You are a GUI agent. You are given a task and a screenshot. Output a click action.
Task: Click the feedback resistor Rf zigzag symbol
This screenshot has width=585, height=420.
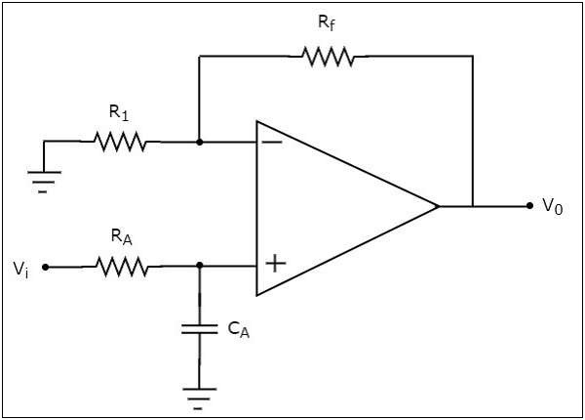tap(328, 57)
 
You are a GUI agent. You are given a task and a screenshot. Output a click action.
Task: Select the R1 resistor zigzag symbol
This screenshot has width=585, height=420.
tap(120, 143)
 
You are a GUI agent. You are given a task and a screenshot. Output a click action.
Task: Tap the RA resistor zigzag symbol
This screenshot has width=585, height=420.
tap(120, 266)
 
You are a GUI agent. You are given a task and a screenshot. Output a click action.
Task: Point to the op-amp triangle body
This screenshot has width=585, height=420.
tap(331, 206)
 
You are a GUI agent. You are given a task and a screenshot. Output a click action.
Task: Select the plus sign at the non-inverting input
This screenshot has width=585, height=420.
tap(276, 263)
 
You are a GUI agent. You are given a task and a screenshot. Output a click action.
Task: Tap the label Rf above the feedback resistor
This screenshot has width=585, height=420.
tap(328, 22)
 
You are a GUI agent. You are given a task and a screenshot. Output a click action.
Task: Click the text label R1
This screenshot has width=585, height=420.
tap(119, 113)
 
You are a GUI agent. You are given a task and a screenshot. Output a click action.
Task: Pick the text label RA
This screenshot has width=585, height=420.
tap(119, 236)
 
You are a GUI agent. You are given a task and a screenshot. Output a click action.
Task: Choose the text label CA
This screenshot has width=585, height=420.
tap(238, 331)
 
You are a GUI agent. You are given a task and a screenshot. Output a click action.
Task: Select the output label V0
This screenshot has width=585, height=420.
tap(553, 208)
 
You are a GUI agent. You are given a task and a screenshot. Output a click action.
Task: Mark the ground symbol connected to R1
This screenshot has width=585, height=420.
tap(44, 179)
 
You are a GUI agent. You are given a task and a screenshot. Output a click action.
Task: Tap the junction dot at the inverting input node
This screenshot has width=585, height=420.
tap(199, 143)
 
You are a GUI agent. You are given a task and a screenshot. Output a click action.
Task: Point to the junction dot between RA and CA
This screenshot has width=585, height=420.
tap(199, 266)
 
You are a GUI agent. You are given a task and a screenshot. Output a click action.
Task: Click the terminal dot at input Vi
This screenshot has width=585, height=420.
tap(45, 266)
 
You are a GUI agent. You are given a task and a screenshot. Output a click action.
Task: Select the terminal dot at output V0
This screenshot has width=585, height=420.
tap(529, 206)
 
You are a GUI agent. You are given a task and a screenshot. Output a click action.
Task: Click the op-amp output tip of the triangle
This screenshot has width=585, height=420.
tap(438, 206)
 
